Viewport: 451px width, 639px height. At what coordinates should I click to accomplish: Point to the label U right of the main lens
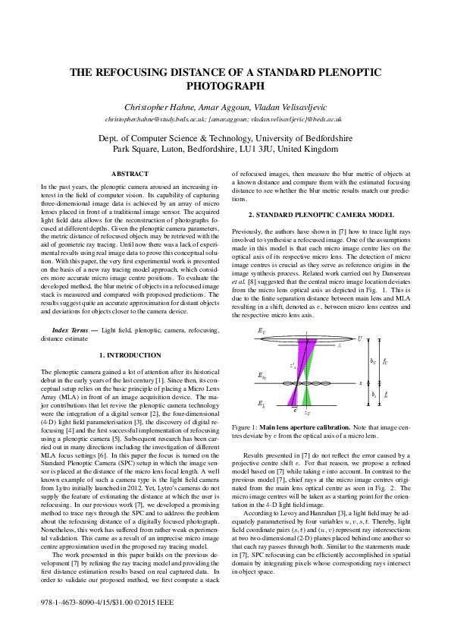click(359, 338)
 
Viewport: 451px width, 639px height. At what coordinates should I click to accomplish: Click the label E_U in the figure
click(262, 332)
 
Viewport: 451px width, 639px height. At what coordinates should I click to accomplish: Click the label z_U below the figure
click(306, 413)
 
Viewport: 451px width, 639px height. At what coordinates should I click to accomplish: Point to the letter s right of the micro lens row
click(360, 383)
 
